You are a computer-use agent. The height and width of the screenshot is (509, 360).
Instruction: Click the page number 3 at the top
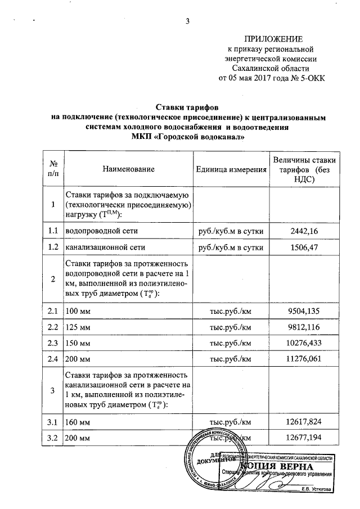pos(187,22)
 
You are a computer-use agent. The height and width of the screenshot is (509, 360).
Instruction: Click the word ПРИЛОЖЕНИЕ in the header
pos(272,39)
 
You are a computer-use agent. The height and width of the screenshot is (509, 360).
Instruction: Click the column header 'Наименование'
pos(128,169)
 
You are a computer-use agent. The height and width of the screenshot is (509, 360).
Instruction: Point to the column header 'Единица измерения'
pos(231,169)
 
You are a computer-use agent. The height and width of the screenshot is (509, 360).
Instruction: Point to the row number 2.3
pos(53,342)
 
